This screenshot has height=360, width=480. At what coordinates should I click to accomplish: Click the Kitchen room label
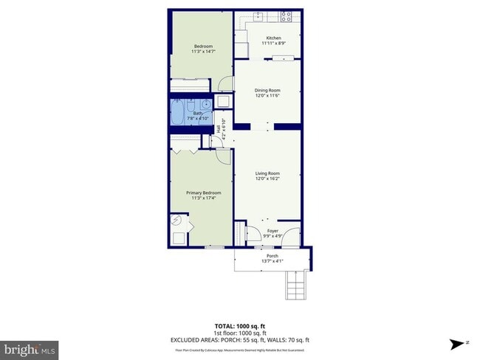coord(273,38)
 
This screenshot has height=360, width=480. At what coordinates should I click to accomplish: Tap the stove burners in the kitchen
coord(286,16)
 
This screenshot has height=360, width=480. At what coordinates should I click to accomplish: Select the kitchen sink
coord(259,16)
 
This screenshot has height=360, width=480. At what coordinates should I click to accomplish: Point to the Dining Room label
coord(267,90)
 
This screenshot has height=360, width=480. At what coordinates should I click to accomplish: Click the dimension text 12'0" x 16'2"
coord(267,179)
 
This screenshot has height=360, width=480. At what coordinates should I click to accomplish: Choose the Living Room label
coord(267,173)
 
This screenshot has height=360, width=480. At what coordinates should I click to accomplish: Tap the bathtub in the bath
coord(177,113)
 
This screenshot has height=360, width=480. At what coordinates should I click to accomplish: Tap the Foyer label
coord(272,231)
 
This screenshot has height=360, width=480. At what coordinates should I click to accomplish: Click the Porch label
coord(272,256)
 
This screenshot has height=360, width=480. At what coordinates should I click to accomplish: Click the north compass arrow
coord(458,343)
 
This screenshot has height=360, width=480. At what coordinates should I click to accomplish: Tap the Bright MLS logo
coord(30,348)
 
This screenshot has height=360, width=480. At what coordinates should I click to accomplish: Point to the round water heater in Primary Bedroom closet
coord(177,220)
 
